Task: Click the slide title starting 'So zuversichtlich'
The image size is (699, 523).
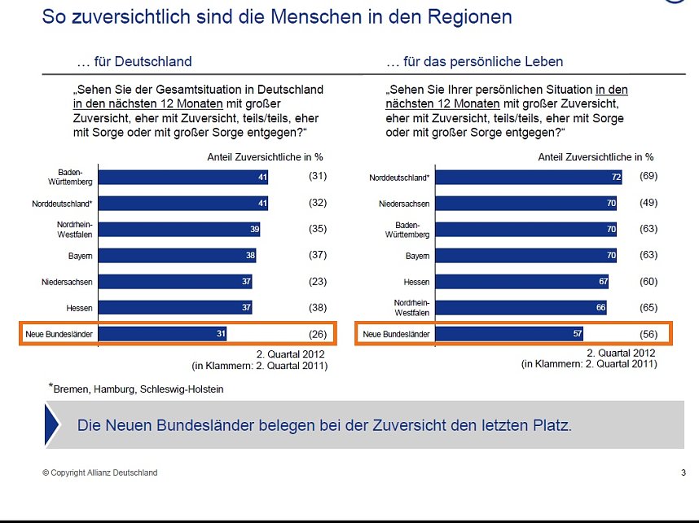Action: click(277, 16)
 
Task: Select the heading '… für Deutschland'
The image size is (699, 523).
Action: click(134, 62)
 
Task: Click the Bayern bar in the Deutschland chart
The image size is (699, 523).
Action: click(178, 256)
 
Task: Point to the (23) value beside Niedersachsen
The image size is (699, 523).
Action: click(317, 282)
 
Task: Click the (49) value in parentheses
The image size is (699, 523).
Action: click(647, 203)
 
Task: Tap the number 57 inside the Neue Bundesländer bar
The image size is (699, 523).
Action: click(575, 334)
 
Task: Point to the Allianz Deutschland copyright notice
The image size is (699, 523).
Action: click(100, 472)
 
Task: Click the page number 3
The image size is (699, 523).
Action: click(683, 472)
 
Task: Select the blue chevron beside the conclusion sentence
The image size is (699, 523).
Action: click(52, 425)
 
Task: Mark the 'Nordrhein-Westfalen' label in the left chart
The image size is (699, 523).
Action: click(73, 230)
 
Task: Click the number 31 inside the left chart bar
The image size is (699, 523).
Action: click(219, 334)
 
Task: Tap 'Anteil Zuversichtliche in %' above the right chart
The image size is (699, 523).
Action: click(596, 156)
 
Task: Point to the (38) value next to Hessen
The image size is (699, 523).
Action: click(317, 308)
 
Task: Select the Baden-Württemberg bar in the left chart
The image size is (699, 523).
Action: click(183, 177)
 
